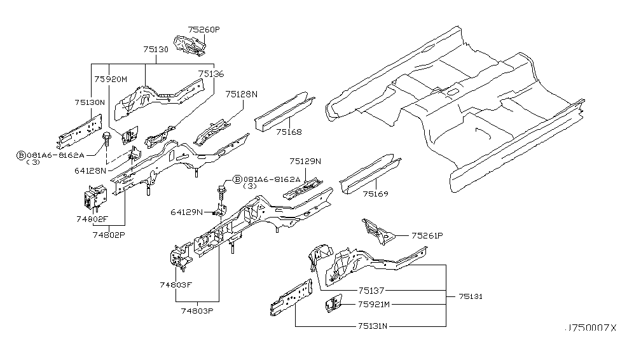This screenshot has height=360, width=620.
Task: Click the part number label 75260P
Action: [204, 29]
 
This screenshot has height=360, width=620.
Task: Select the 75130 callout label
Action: [156, 49]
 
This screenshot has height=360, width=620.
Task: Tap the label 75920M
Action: [111, 78]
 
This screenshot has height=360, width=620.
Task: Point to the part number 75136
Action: [210, 74]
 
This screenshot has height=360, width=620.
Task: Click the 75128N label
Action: [241, 93]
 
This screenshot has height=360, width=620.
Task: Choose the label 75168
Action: [289, 132]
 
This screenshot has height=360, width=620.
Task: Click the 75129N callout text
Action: [305, 162]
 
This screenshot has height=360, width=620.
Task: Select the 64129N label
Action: [186, 212]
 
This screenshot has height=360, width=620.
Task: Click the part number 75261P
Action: [427, 235]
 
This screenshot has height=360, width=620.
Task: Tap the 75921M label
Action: [374, 304]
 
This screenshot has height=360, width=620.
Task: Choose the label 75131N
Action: [373, 326]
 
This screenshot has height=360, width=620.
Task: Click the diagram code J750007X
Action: [590, 328]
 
